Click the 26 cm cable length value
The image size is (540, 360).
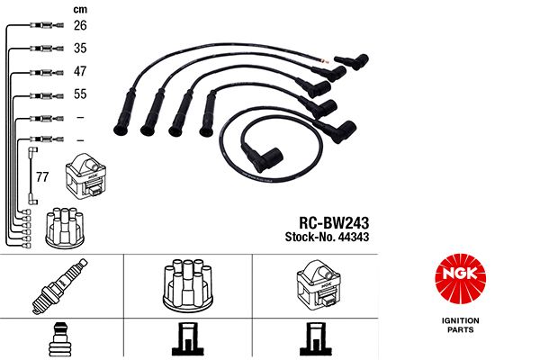coord(80,25)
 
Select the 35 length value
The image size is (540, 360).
coord(80,48)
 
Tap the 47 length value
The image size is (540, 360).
coord(80,71)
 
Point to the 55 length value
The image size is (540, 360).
coord(80,94)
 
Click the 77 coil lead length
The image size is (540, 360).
coord(42,176)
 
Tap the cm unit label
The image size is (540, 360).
coord(80,10)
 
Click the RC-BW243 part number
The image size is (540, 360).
coord(334,223)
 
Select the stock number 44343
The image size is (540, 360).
coord(354,237)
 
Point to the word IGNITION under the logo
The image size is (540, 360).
coord(461,320)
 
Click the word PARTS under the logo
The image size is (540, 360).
coord(461,329)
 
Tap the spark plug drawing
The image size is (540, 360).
coord(60,286)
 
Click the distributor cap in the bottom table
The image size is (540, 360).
coord(188,285)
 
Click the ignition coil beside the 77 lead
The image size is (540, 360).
coord(85,176)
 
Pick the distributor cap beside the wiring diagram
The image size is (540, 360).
coord(65,228)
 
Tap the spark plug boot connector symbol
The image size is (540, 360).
coord(60,339)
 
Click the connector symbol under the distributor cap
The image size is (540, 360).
coord(187,339)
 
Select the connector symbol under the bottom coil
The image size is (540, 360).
coord(316,339)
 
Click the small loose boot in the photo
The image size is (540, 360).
coord(351,62)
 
